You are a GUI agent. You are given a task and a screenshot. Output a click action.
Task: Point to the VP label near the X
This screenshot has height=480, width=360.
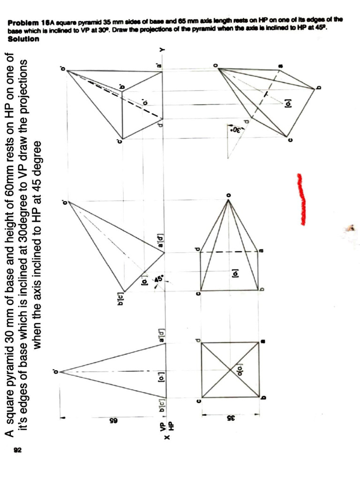[x=163, y=427]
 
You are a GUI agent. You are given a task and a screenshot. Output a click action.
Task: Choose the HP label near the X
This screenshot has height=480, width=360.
[x=171, y=427]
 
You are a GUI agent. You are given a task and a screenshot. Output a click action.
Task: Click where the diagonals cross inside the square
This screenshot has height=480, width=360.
[x=230, y=370]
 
